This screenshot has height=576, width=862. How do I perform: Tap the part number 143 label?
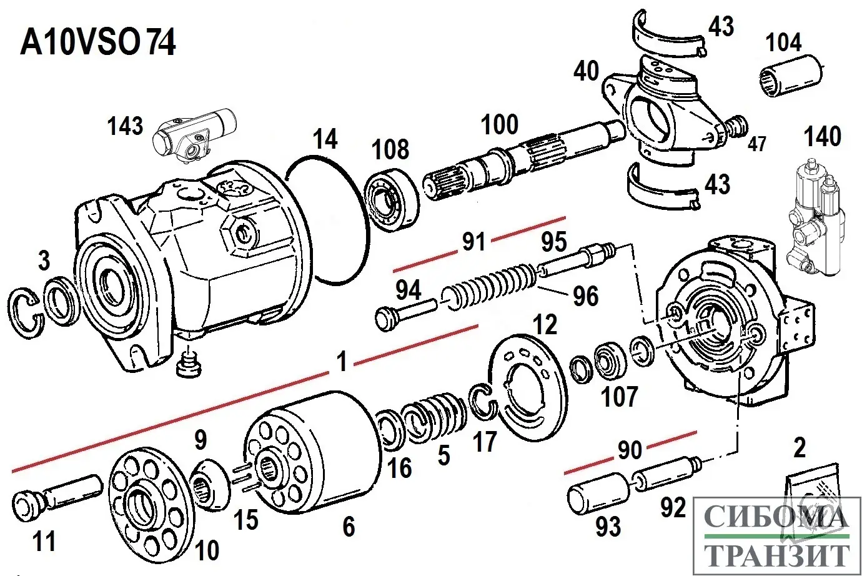[125, 126]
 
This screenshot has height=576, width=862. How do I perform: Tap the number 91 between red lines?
[473, 241]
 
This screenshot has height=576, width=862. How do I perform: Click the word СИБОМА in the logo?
[776, 517]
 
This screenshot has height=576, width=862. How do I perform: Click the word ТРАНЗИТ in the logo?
[778, 554]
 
